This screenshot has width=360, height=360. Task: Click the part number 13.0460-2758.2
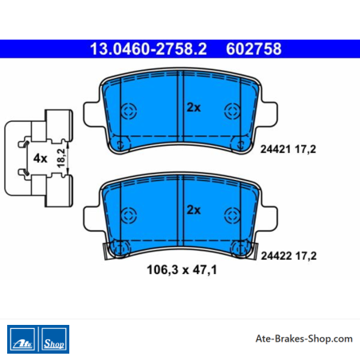tap(148, 49)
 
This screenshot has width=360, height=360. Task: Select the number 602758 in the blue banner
tap(253, 49)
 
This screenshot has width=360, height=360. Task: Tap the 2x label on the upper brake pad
tap(194, 108)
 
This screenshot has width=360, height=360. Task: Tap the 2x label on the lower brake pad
tap(194, 210)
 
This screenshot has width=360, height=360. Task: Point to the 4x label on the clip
tap(40, 158)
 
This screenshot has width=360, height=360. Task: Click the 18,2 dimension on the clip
tap(61, 158)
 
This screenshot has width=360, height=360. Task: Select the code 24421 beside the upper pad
tap(276, 149)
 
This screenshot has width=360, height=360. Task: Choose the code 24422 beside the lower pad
tap(276, 256)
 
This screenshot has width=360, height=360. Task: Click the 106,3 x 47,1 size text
tap(182, 270)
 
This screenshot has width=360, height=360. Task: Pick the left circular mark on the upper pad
tap(129, 111)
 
